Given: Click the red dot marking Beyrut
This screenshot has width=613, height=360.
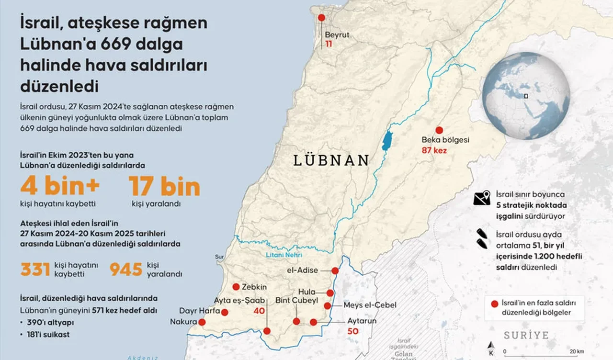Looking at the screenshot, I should coord(321,18).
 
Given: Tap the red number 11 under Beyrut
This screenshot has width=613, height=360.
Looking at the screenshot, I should coord(329,44).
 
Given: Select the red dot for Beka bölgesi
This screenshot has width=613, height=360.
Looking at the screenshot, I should coord(439,130).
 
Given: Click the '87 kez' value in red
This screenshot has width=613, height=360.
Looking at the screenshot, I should coord(434,151).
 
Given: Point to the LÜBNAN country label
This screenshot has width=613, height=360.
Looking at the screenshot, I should coord(331,160).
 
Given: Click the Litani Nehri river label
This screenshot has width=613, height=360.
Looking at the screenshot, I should coord(284,255).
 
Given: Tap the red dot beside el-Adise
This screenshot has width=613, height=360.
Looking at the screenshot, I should coord(335,271).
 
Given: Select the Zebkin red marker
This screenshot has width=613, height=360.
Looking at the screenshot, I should coord(236,287).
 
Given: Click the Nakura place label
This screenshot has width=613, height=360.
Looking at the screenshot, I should coord(183,322).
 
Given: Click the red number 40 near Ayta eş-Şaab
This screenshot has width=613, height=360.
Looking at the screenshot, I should coord(259,311).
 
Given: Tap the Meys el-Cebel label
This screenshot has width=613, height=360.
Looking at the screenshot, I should coord(363,305).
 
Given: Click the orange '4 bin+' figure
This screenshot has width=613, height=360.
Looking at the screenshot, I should coord(60,187).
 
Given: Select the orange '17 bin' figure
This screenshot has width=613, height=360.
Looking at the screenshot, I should coord(164,187).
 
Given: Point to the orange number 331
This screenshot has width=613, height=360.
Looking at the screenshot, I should coord(35,270).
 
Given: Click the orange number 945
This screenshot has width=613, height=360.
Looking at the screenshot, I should coord(126,270).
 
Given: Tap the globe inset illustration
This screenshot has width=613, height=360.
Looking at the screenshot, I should coord(526,96).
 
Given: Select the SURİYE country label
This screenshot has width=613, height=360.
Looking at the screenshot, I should coord(526,335).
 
